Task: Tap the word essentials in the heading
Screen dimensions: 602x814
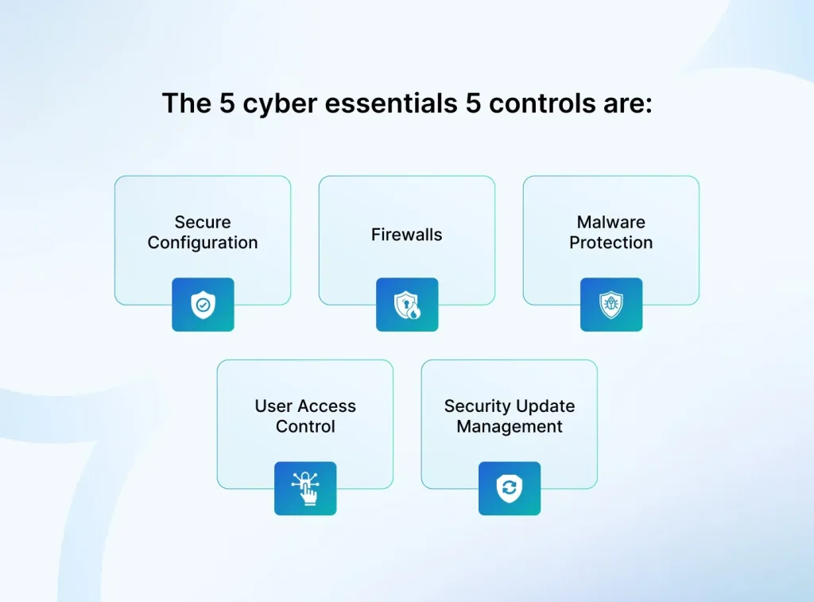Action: (x=374, y=103)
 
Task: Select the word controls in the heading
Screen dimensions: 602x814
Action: (x=541, y=103)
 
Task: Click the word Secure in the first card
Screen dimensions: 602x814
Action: (x=203, y=223)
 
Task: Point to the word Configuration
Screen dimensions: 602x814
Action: (x=203, y=243)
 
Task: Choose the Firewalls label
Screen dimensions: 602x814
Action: (x=406, y=235)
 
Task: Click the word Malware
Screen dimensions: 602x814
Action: (x=610, y=223)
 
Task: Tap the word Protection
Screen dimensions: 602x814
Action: (x=610, y=243)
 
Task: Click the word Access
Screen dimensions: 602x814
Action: (x=328, y=406)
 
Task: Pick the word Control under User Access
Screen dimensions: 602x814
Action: (x=305, y=427)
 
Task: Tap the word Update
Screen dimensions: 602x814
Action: (x=545, y=406)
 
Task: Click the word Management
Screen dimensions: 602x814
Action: (x=510, y=427)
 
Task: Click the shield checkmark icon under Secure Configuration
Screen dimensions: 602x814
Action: (x=203, y=305)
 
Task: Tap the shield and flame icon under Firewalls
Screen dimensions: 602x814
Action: (x=407, y=305)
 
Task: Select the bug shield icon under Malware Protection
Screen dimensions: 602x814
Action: (x=610, y=305)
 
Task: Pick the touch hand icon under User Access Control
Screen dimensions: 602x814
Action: (x=305, y=488)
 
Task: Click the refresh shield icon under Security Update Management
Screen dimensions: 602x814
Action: (x=510, y=488)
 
